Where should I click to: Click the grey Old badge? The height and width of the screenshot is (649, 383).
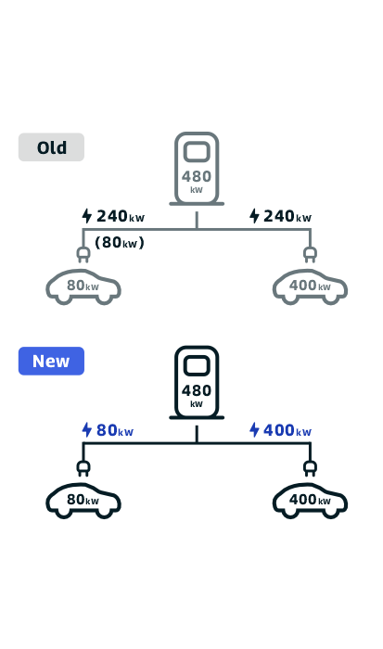pos(51,146)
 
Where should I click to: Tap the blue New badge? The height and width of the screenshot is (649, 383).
pos(51,361)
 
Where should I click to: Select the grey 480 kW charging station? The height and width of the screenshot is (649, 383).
pos(197,169)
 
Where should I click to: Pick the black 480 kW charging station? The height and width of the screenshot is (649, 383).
pos(197,383)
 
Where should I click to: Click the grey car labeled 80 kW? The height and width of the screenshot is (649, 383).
pos(83,286)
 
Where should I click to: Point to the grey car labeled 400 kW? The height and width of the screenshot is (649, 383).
pos(310,286)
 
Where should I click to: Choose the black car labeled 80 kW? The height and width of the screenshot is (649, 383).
pos(83,501)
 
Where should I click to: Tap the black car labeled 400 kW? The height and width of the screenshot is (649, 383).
pos(310,501)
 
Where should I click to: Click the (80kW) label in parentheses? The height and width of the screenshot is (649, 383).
pos(120,242)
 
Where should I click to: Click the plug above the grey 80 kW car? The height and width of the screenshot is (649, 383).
pos(83,255)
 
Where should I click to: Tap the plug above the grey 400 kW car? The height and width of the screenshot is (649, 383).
pos(310,255)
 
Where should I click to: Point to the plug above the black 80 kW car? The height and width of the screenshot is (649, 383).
pos(83,468)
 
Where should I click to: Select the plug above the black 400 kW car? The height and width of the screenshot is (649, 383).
pos(310,468)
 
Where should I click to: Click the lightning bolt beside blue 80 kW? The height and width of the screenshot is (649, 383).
pos(86,429)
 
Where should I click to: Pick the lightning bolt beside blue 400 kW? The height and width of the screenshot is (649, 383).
pos(254,429)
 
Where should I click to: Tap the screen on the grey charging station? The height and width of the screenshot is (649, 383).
pos(197,151)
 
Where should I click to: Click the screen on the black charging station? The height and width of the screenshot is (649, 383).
pos(197,365)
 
